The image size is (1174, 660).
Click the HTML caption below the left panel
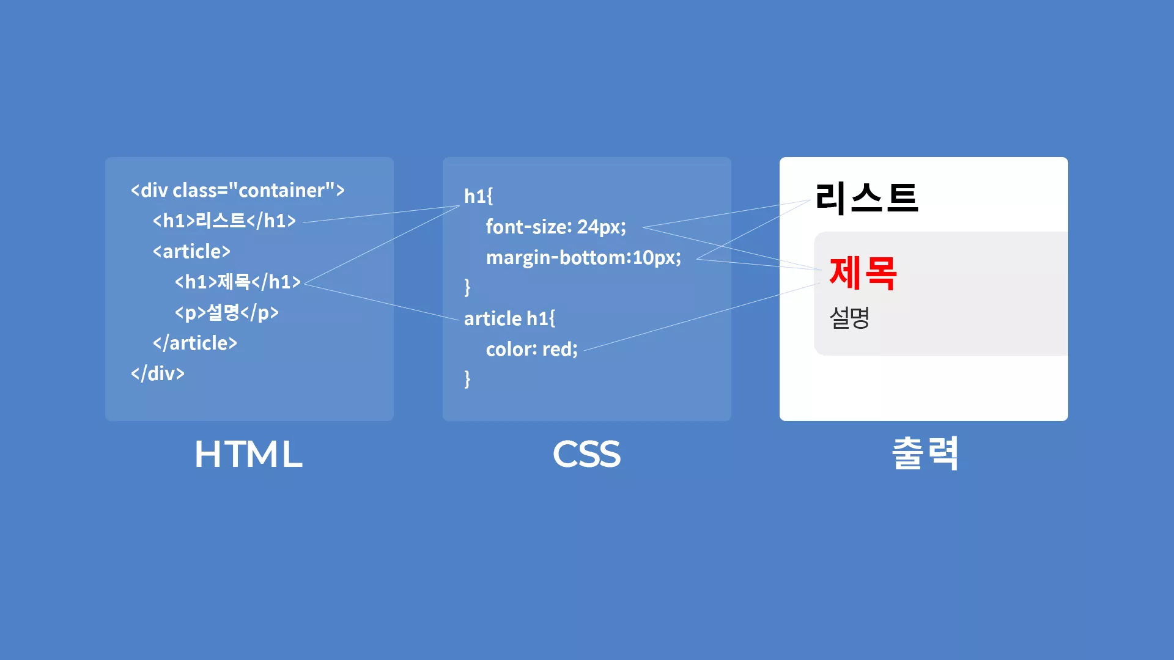pyautogui.click(x=248, y=454)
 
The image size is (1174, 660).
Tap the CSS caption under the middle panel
pyautogui.click(x=586, y=454)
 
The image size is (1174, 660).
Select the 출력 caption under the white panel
pyautogui.click(x=925, y=453)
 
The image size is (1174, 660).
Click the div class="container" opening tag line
pyautogui.click(x=238, y=190)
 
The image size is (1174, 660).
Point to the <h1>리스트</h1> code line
pyautogui.click(x=224, y=221)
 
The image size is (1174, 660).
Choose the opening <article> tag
pyautogui.click(x=191, y=251)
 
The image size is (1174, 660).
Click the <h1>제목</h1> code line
pyautogui.click(x=238, y=282)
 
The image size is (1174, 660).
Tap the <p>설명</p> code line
pyautogui.click(x=227, y=312)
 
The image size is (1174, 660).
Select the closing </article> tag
pyautogui.click(x=195, y=343)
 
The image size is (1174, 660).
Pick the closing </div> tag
pyautogui.click(x=158, y=373)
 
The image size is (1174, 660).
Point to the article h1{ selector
pyautogui.click(x=509, y=318)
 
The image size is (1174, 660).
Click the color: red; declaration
pyautogui.click(x=531, y=349)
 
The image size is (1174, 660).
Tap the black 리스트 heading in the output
pyautogui.click(x=866, y=199)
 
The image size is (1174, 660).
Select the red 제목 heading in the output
pyautogui.click(x=863, y=273)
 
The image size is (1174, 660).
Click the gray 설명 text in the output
pyautogui.click(x=849, y=317)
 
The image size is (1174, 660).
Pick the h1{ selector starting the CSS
pyautogui.click(x=478, y=196)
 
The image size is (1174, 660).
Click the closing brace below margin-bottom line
pyautogui.click(x=467, y=287)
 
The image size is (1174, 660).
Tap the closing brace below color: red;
pyautogui.click(x=467, y=379)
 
